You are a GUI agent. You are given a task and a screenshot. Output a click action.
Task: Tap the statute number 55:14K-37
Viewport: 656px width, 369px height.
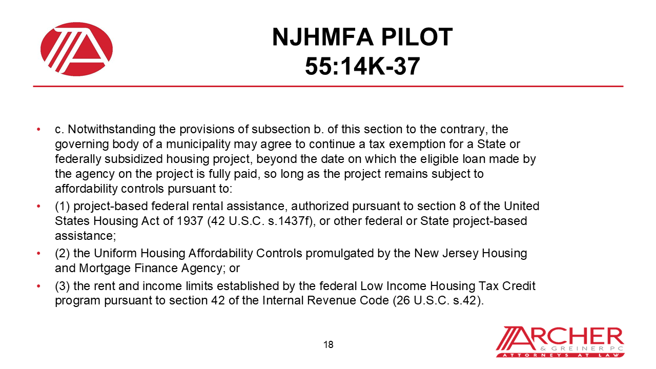pos(362,66)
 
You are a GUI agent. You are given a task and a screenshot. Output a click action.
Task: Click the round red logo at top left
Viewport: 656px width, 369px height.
pos(77,49)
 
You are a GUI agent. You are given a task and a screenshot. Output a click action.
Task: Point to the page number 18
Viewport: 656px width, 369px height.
pos(329,344)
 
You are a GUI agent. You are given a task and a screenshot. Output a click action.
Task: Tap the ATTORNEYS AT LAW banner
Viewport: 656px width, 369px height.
pos(560,355)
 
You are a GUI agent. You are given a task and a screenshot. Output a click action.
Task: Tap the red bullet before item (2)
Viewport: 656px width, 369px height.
pos(39,253)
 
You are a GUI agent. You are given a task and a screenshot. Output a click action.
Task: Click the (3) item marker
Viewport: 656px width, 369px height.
pos(62,285)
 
